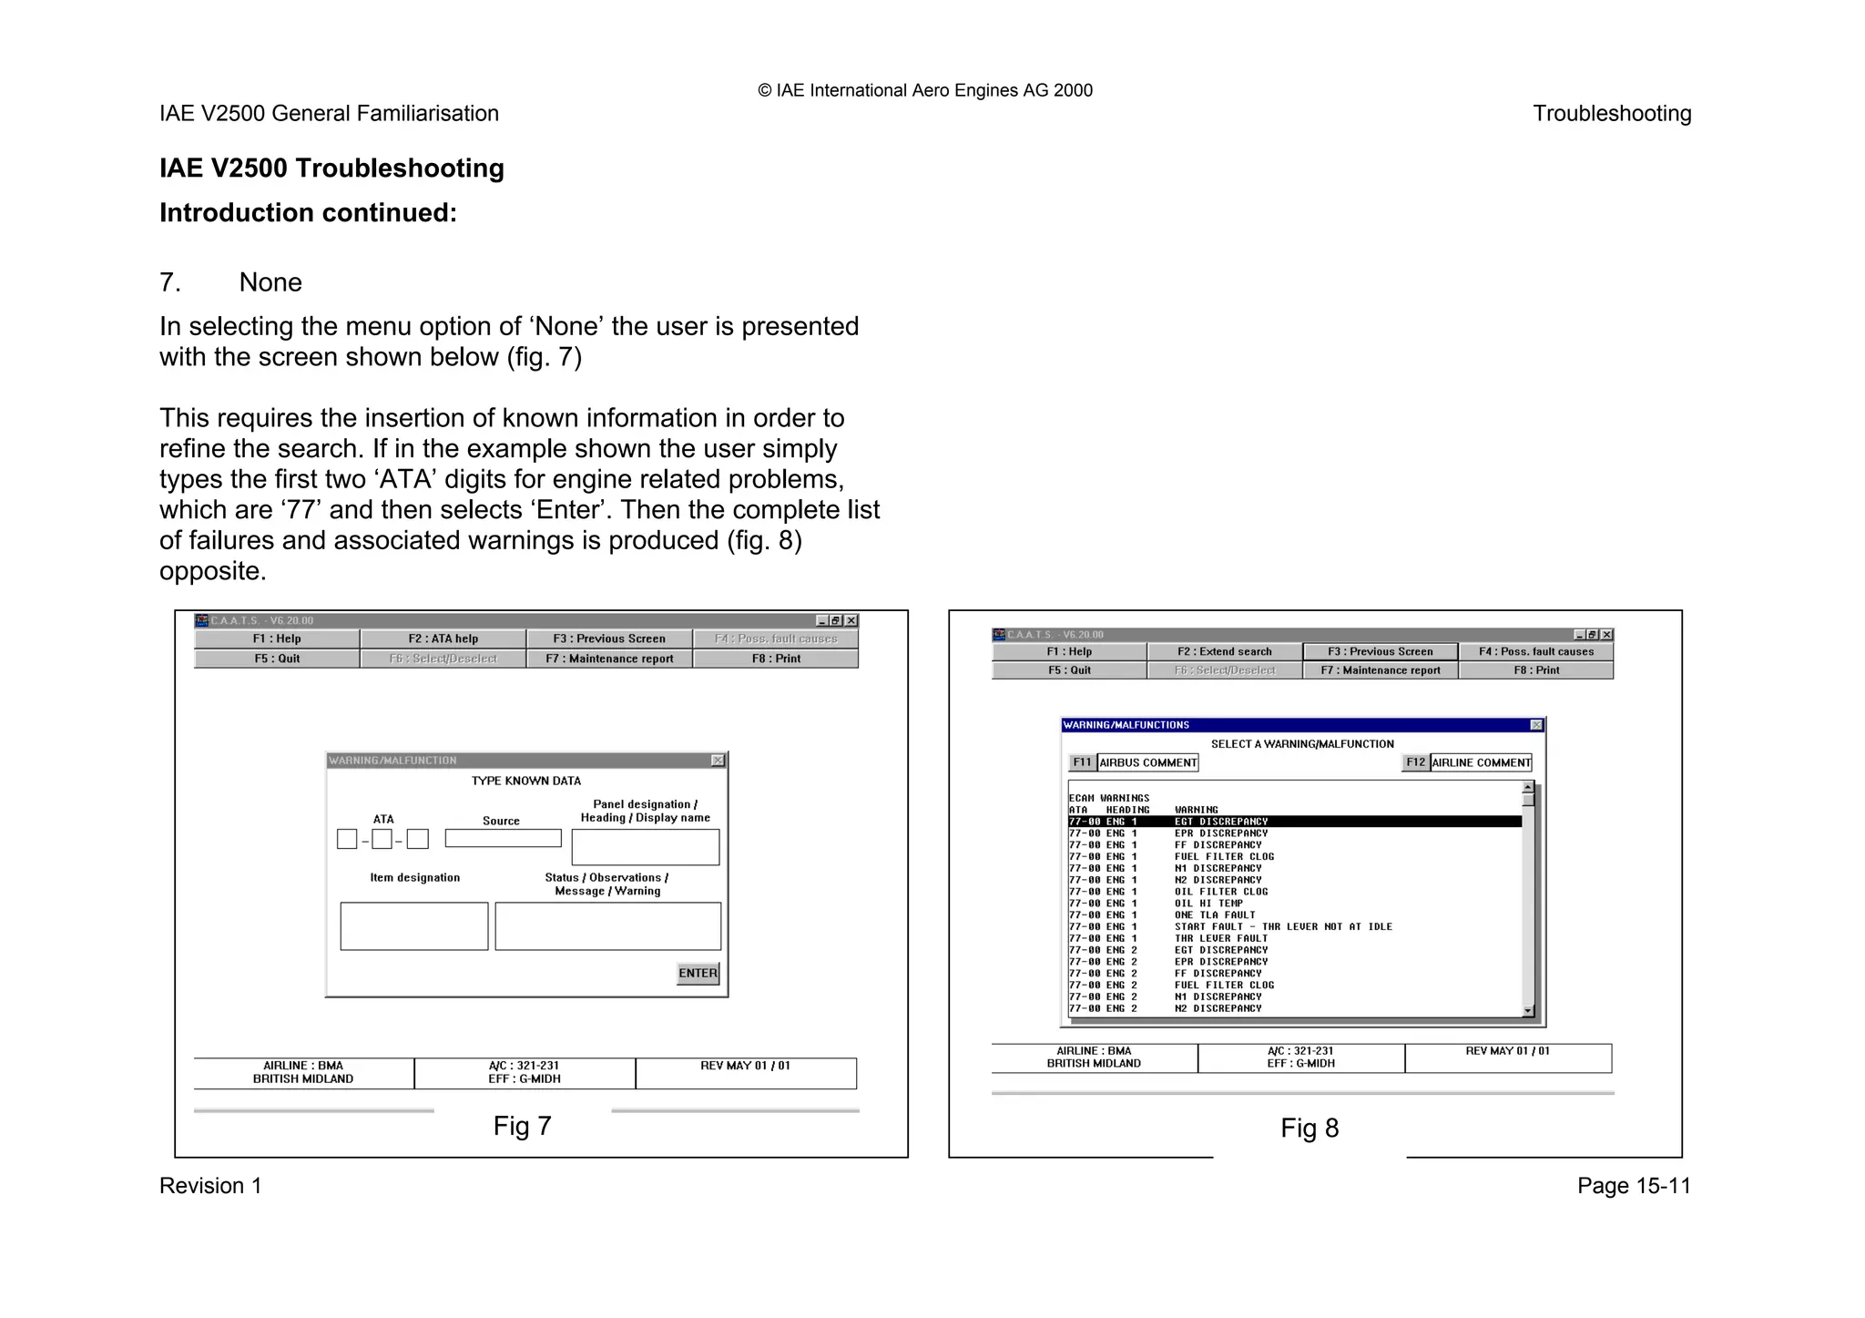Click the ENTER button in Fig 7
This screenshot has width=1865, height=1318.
pos(698,973)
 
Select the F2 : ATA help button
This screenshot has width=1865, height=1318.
pos(443,639)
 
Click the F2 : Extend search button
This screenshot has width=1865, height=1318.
pos(1224,651)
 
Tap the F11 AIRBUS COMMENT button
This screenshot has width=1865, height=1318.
pos(1134,762)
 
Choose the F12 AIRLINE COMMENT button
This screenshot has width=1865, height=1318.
pos(1467,762)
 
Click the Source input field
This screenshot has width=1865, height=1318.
pos(503,838)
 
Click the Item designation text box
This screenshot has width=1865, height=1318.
pos(414,926)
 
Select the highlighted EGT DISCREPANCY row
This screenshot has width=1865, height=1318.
pos(1293,822)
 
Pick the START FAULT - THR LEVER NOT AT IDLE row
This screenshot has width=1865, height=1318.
pos(1282,926)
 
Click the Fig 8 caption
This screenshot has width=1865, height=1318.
pos(1310,1129)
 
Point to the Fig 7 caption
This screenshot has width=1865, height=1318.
pos(522,1126)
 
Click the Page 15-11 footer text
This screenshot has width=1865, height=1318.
pos(1634,1186)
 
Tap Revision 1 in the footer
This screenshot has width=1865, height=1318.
pos(210,1186)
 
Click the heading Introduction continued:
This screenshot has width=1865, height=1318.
pos(308,213)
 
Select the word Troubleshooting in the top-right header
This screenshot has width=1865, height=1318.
pos(1611,114)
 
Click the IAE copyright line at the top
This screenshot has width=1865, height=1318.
pos(924,90)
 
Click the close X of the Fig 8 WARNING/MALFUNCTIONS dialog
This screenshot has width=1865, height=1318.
pos(1536,725)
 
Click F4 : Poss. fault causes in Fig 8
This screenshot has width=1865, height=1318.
pos(1535,651)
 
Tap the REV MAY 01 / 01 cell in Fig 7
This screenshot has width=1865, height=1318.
pos(745,1066)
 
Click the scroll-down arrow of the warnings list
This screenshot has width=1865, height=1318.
pos(1528,1011)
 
